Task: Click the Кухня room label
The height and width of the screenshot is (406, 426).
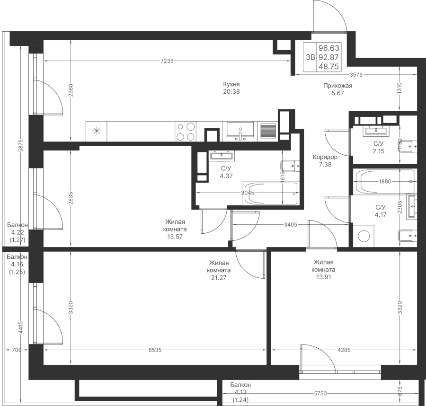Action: [x=231, y=84]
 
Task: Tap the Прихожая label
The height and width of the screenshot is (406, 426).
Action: [x=337, y=86]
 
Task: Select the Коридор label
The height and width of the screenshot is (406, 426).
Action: [x=325, y=157]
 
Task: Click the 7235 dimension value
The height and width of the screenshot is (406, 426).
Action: [x=167, y=61]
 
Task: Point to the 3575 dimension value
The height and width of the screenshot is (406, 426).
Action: [x=356, y=75]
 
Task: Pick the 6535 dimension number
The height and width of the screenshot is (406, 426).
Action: [x=155, y=350]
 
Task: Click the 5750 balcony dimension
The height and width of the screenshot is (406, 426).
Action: [x=320, y=394]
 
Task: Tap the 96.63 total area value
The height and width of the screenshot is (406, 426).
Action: [x=329, y=48]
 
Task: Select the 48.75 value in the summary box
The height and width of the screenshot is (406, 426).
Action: [x=329, y=67]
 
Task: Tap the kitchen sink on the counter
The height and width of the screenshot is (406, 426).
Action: [x=240, y=132]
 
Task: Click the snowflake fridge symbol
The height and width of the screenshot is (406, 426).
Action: [x=96, y=132]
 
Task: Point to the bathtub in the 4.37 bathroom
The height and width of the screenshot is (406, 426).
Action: [x=271, y=194]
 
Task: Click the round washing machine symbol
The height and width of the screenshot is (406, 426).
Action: [x=364, y=236]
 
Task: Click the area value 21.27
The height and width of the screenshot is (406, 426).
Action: [x=219, y=278]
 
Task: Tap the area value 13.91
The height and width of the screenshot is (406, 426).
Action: [x=323, y=277]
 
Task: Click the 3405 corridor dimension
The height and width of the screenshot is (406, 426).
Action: [x=291, y=225]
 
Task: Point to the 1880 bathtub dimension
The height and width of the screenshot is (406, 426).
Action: [x=385, y=181]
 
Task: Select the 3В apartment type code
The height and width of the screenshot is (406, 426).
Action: [x=310, y=57]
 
